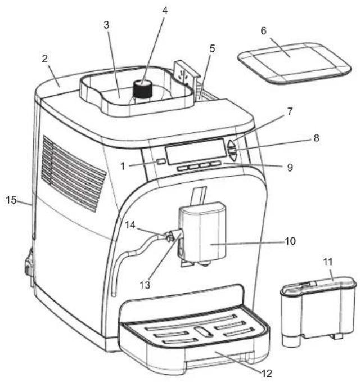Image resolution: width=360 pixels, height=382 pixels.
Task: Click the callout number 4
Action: pyautogui.click(x=165, y=11)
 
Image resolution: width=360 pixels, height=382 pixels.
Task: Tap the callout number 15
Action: pyautogui.click(x=11, y=200)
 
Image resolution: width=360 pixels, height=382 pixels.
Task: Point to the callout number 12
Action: pyautogui.click(x=266, y=373)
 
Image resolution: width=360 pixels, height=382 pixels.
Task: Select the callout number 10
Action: pyautogui.click(x=290, y=241)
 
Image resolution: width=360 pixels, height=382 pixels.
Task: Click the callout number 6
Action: pyautogui.click(x=264, y=31)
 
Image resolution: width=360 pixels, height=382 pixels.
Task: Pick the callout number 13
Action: pyautogui.click(x=145, y=285)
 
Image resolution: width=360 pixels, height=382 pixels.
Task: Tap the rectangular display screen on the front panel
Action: pyautogui.click(x=196, y=151)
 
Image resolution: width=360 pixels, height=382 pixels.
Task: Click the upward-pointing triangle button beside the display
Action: pyautogui.click(x=231, y=143)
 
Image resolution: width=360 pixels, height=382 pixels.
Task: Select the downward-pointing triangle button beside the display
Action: pyautogui.click(x=233, y=157)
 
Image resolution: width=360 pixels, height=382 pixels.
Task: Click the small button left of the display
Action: pyautogui.click(x=161, y=161)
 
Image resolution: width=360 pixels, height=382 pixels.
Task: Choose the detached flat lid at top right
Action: pyautogui.click(x=294, y=64)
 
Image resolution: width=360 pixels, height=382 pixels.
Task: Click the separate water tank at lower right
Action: pyautogui.click(x=318, y=311)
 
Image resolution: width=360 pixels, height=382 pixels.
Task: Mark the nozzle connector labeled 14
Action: pyautogui.click(x=169, y=236)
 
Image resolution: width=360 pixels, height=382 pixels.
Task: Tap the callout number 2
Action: pyautogui.click(x=44, y=59)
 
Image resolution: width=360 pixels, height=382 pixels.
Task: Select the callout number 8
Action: pyautogui.click(x=316, y=138)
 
